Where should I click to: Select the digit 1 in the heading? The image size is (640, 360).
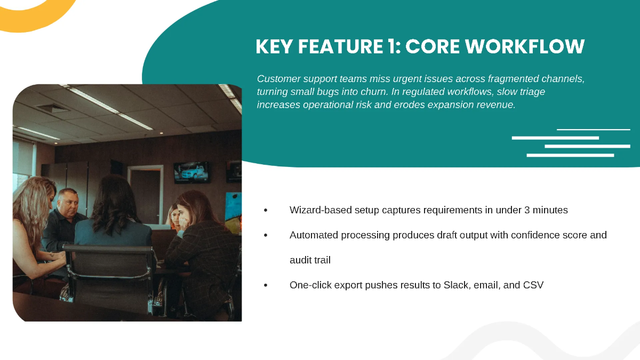click(x=394, y=47)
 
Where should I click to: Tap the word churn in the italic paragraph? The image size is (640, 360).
click(x=372, y=92)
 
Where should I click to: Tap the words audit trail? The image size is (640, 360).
click(x=310, y=260)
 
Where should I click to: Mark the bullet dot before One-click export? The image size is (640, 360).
click(x=266, y=285)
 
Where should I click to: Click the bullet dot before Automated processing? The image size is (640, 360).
click(x=266, y=235)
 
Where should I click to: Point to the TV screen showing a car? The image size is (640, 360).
click(x=191, y=172)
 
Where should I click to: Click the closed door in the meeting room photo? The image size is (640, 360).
click(x=145, y=189)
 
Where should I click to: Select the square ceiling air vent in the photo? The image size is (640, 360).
click(x=53, y=108)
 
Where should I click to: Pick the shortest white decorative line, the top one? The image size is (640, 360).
click(x=593, y=130)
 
